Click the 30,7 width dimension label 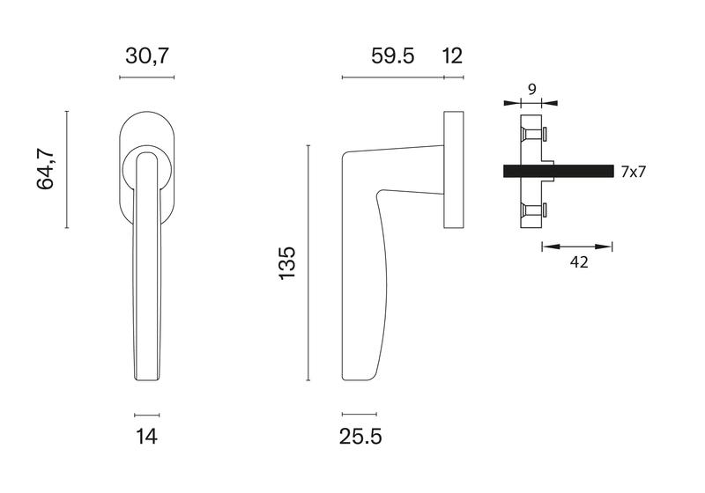coord(147,56)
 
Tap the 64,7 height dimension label coord(46,168)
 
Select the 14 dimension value coord(146,436)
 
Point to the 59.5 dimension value coord(392,56)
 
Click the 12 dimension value coord(452,56)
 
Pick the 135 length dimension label coord(287,263)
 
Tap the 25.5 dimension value coord(360,436)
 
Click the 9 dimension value coord(532,90)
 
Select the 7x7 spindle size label coord(633,172)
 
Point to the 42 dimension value coord(579,262)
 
